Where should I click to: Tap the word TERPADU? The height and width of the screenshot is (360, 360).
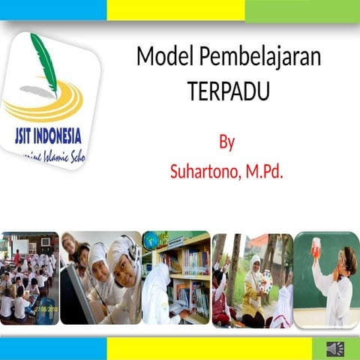click(227, 91)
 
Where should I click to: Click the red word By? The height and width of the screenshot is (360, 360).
click(227, 142)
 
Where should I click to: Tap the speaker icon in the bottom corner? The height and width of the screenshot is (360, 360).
click(334, 349)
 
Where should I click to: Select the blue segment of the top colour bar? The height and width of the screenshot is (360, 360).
click(52, 10)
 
